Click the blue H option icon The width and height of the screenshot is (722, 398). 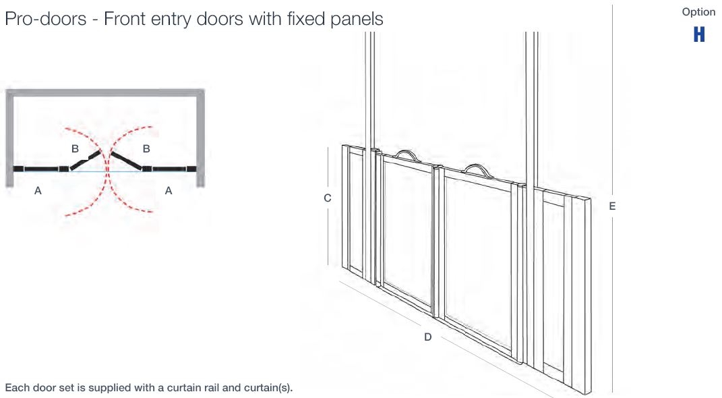(x=699, y=34)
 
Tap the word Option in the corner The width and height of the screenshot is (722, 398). (x=698, y=12)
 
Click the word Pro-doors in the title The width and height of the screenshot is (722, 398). (x=46, y=19)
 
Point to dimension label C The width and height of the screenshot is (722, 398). (x=328, y=198)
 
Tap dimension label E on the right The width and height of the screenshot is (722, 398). (x=612, y=206)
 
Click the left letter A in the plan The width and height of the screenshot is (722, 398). (x=38, y=191)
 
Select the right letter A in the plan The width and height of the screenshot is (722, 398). (x=169, y=191)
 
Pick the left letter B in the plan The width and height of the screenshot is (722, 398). (x=76, y=148)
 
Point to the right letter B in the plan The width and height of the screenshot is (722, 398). (x=146, y=148)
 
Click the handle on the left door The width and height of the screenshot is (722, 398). (x=407, y=156)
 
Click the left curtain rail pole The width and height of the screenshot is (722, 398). (x=369, y=88)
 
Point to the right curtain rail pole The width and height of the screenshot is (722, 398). (x=531, y=101)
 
